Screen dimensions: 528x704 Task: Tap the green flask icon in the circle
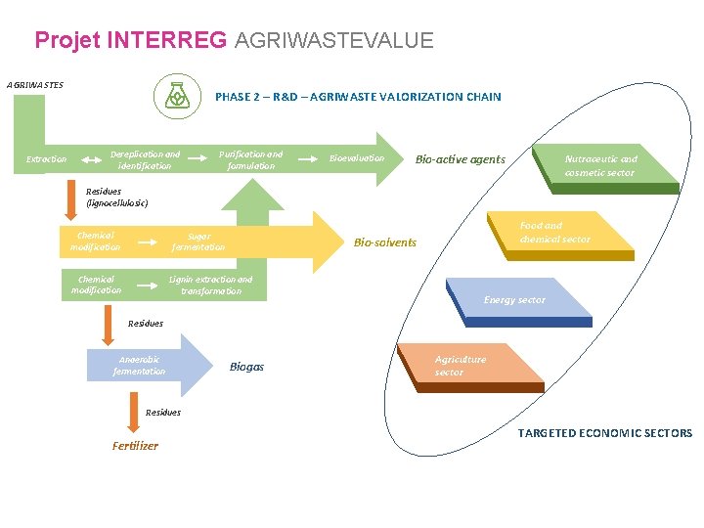point(175,96)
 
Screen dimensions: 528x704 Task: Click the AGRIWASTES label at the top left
point(35,85)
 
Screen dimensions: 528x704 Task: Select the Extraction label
point(46,159)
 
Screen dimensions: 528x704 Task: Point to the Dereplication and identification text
point(145,160)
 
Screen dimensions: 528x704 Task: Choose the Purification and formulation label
point(250,160)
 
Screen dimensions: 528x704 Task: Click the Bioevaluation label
point(357,158)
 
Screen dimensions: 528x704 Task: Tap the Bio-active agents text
point(460,159)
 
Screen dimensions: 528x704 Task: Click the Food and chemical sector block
point(554,233)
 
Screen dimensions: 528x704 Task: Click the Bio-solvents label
point(384,242)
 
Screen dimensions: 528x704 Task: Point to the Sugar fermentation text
point(198,242)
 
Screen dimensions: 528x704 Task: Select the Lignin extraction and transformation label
point(210,286)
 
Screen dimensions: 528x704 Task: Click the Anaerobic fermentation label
point(139,366)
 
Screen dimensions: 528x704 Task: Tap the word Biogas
point(246,367)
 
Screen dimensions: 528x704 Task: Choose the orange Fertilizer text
point(135,446)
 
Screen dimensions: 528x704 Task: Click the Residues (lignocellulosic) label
point(117,198)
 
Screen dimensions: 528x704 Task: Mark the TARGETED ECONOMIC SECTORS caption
point(604,433)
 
